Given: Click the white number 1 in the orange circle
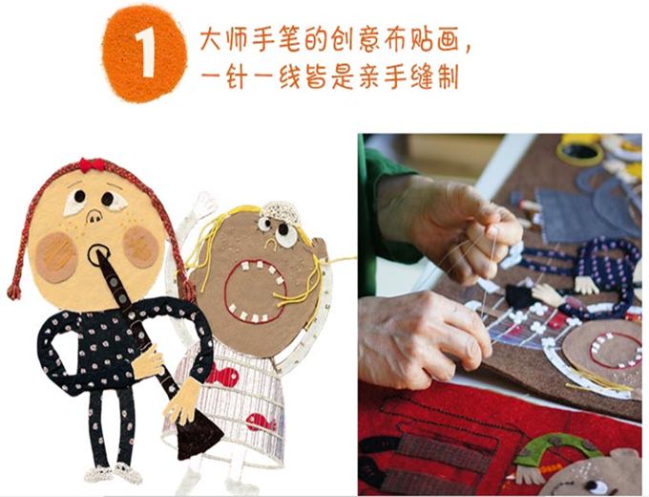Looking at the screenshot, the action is pos(145,54).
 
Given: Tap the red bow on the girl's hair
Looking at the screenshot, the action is pos(92,164).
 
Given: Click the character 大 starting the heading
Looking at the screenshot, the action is pos(212,40).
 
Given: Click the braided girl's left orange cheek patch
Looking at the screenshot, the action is pos(56,257).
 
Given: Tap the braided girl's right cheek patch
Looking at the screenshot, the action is pos(141,247).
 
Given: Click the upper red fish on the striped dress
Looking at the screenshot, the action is pos(223,376).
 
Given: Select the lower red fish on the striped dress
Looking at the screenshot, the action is pos(261,422).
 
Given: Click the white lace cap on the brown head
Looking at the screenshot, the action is pos(281,213).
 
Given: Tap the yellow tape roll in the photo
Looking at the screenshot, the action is pos(579,150).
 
